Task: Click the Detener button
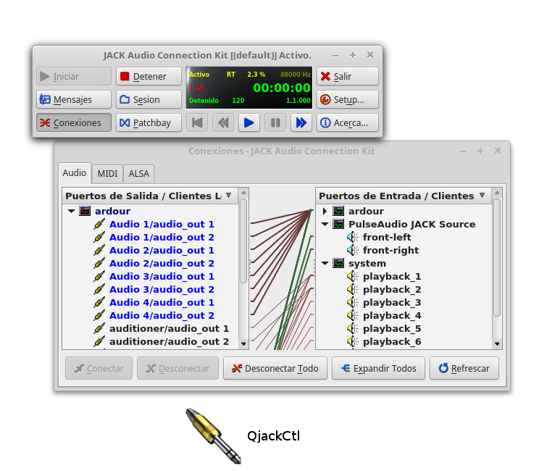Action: pos(149,76)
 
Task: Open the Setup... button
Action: pos(347,99)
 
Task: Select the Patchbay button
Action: pos(149,122)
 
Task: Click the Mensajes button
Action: pos(74,99)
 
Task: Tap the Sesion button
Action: pos(149,99)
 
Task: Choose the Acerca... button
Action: pos(347,122)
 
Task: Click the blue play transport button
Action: pos(249,122)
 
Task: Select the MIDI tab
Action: pos(107,173)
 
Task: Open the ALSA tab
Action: pos(138,173)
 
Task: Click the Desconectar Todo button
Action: pos(275,368)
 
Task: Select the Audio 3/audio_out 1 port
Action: pos(162,276)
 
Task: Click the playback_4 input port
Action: pos(391,315)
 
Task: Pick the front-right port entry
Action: pos(390,250)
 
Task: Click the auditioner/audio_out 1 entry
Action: pos(169,328)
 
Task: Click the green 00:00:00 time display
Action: pos(281,88)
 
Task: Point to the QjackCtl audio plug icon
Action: pos(212,434)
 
